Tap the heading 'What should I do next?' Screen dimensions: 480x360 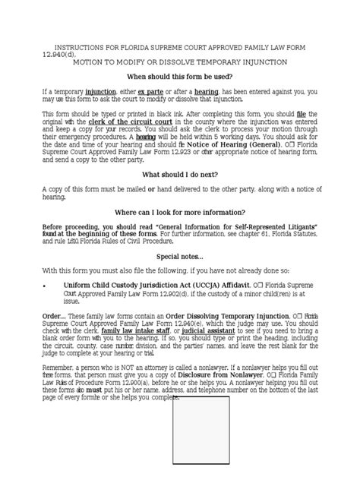click(x=179, y=174)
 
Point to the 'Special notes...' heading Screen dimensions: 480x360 click(x=179, y=256)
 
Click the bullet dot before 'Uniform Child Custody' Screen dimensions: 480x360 click(x=46, y=285)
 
